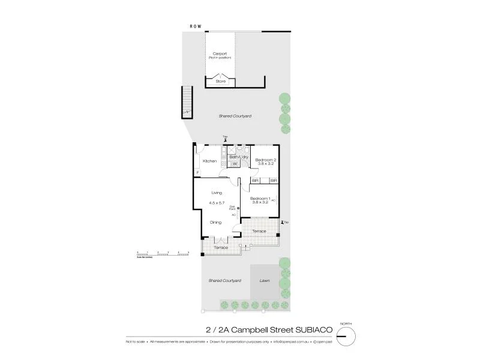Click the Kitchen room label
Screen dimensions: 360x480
point(209,161)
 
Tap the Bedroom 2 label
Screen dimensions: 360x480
point(266,160)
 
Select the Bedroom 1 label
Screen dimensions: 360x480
point(260,199)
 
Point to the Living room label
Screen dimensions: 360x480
point(217,193)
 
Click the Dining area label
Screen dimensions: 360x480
point(217,223)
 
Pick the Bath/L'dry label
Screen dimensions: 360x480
point(238,157)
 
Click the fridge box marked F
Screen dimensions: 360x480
point(197,174)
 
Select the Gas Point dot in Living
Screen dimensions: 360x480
point(238,208)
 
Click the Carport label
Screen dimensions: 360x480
point(220,53)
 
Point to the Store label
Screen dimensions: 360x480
point(220,80)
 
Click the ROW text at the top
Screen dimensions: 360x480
point(196,27)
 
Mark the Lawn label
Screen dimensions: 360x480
point(265,280)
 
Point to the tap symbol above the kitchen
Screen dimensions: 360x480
point(225,139)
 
